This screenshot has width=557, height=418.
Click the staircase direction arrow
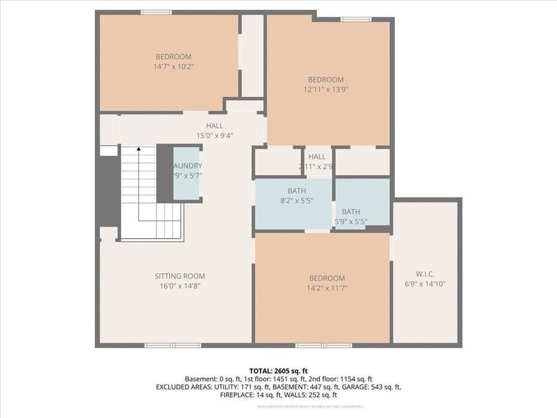[139, 149]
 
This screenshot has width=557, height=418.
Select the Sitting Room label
[179, 276]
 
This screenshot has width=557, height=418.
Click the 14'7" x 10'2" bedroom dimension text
[173, 66]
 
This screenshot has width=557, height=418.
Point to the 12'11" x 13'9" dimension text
[326, 89]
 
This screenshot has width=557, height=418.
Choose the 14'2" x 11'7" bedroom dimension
[326, 287]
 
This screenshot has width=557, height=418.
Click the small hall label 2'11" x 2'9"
[317, 162]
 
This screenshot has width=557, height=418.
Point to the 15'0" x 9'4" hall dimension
[214, 136]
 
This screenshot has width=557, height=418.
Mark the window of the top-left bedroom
[156, 12]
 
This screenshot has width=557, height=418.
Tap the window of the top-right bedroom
[356, 20]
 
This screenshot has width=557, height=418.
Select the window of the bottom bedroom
[323, 345]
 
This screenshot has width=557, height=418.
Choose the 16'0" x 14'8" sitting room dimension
[179, 286]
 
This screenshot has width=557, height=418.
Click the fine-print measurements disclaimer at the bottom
[311, 407]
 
